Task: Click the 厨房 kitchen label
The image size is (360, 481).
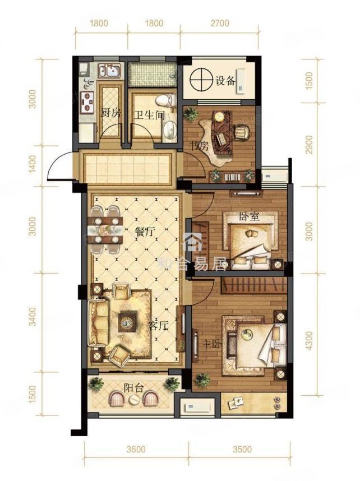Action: tap(111, 114)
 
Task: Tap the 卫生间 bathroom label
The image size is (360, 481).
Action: tap(150, 115)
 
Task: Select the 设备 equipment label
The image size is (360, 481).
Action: tap(225, 81)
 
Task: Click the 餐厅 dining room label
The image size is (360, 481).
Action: tap(144, 232)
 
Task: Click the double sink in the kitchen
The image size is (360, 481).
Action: tap(109, 71)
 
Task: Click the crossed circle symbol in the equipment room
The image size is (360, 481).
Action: tap(201, 80)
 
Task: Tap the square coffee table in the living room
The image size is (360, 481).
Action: tap(128, 321)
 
